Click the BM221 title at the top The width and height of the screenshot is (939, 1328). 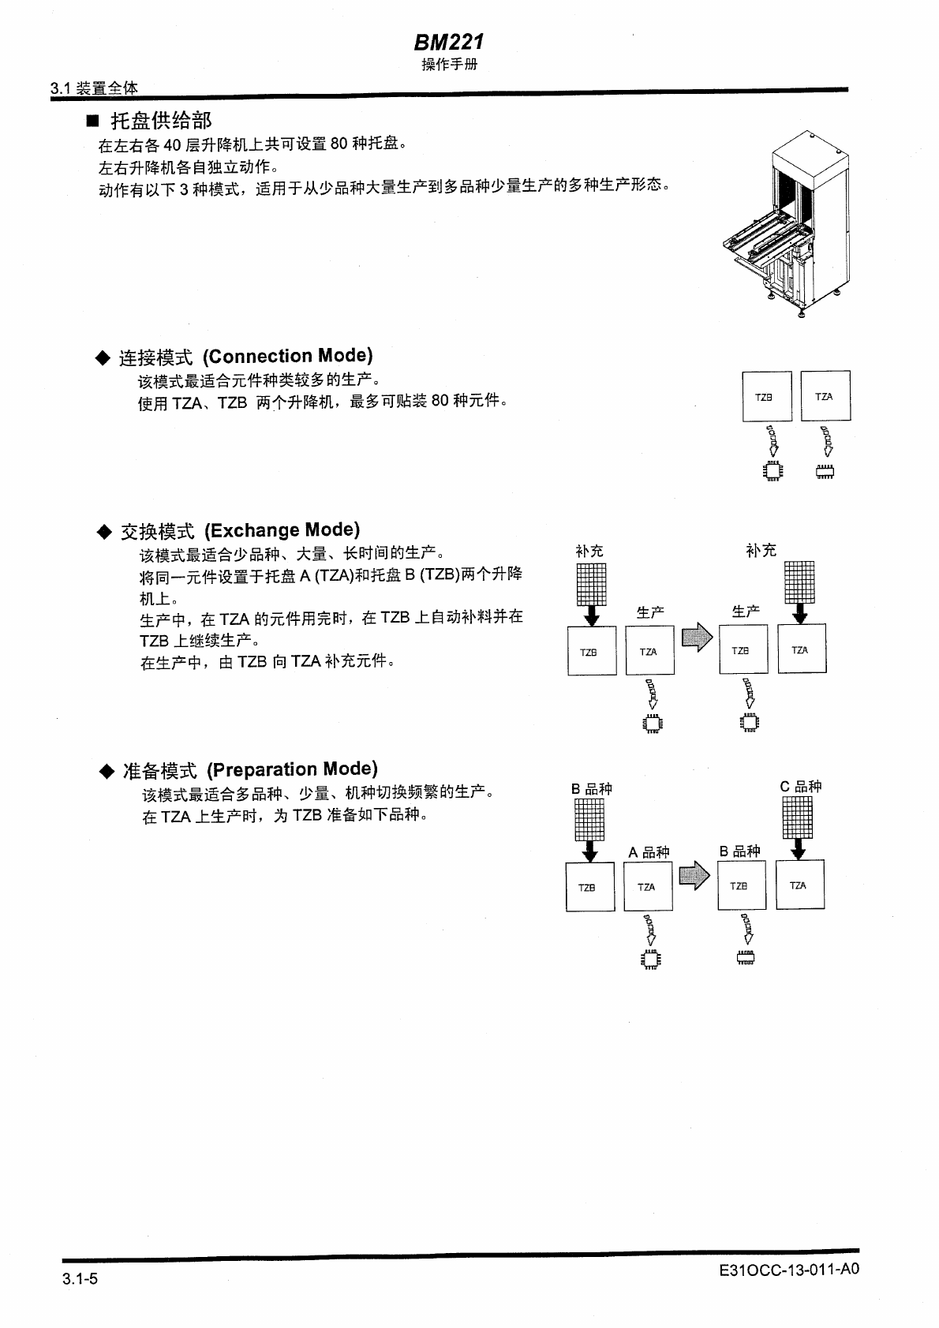(448, 42)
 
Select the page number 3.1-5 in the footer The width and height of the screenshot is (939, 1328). (80, 1279)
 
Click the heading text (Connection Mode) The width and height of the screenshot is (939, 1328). (287, 356)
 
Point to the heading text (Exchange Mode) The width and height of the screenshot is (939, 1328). (282, 529)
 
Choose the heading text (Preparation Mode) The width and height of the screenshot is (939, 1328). (292, 769)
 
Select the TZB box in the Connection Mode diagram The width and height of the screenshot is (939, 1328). (766, 396)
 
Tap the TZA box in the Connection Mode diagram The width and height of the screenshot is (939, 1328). (825, 395)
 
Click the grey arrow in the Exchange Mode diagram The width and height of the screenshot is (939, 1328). (697, 638)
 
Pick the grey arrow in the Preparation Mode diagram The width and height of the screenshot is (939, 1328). (694, 874)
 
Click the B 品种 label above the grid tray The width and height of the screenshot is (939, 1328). (592, 789)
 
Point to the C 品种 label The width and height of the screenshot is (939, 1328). (801, 787)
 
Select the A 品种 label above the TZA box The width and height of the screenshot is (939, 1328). (649, 852)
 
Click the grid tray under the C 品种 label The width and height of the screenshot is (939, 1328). (797, 817)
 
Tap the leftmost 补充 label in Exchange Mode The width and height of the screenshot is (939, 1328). (589, 551)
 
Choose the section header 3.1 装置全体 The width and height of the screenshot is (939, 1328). (94, 88)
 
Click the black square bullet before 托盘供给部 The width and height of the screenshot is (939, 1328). (93, 121)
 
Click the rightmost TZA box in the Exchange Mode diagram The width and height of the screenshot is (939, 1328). (802, 649)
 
